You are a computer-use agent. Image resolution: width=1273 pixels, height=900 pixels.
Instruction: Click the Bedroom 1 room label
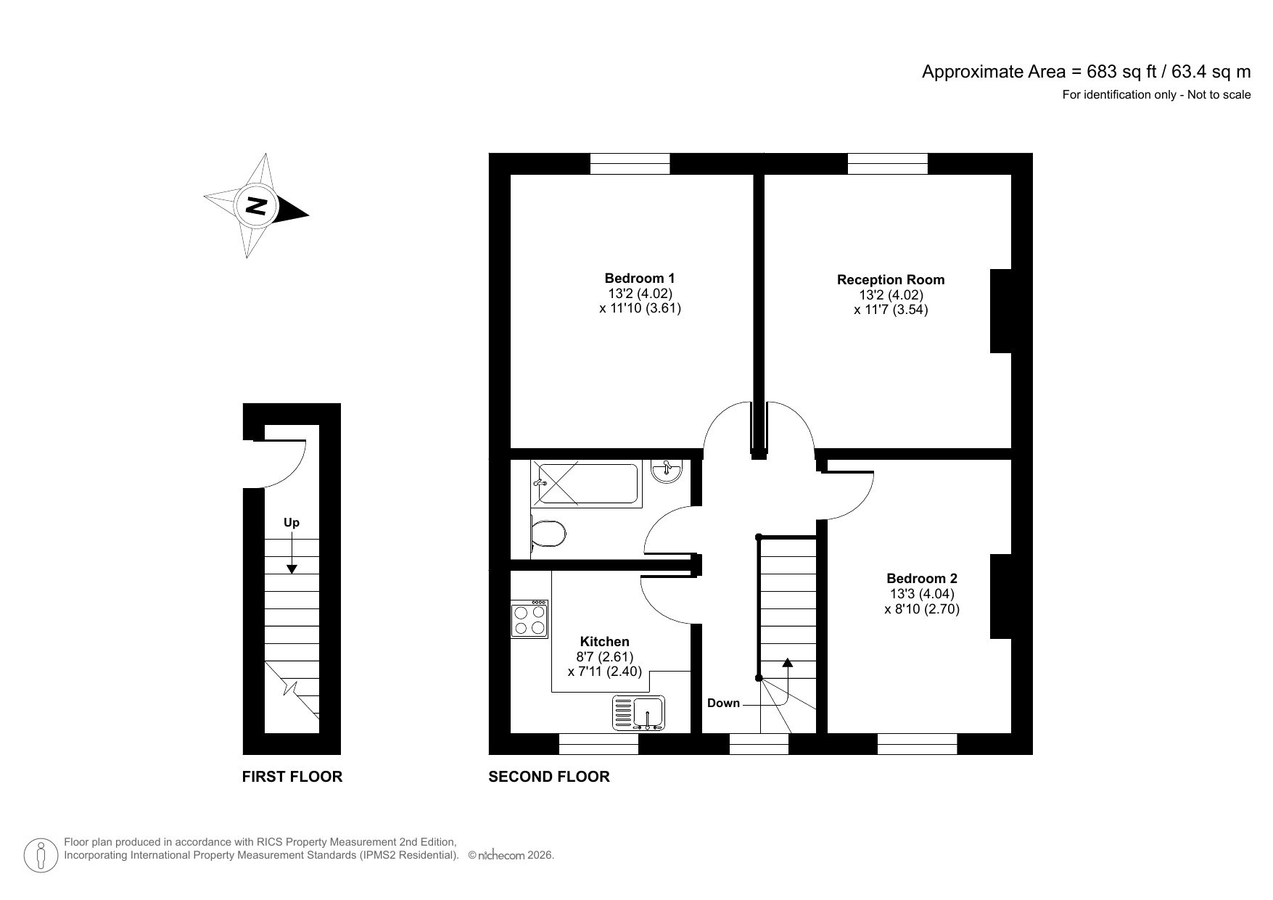639,278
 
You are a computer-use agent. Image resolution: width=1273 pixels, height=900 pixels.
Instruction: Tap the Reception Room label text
891,280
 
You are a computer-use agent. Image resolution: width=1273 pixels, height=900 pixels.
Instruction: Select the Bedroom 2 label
921,579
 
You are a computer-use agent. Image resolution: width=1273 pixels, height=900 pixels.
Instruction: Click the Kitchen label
604,642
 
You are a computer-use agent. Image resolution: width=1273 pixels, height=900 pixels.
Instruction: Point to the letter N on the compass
255,206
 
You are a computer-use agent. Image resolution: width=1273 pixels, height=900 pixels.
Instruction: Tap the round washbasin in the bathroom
665,472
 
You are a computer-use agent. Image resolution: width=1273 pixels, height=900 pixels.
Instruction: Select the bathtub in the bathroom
586,484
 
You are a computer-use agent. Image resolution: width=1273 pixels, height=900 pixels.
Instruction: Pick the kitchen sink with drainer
639,712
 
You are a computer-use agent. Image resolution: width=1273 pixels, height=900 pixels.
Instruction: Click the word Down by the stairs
723,703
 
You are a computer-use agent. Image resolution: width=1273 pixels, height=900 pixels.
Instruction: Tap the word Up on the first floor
291,522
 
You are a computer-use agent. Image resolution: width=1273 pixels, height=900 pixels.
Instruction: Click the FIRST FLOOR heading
292,777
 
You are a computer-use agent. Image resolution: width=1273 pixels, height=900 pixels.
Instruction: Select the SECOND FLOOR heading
548,777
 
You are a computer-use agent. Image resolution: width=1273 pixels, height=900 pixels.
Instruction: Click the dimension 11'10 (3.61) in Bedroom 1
640,307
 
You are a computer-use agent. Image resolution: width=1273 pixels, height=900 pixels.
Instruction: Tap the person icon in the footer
41,856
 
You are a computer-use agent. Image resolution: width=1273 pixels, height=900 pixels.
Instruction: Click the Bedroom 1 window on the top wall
629,165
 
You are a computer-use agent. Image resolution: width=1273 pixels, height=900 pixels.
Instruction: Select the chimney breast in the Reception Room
1001,311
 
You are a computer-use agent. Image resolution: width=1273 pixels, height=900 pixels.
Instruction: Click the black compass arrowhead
294,211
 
